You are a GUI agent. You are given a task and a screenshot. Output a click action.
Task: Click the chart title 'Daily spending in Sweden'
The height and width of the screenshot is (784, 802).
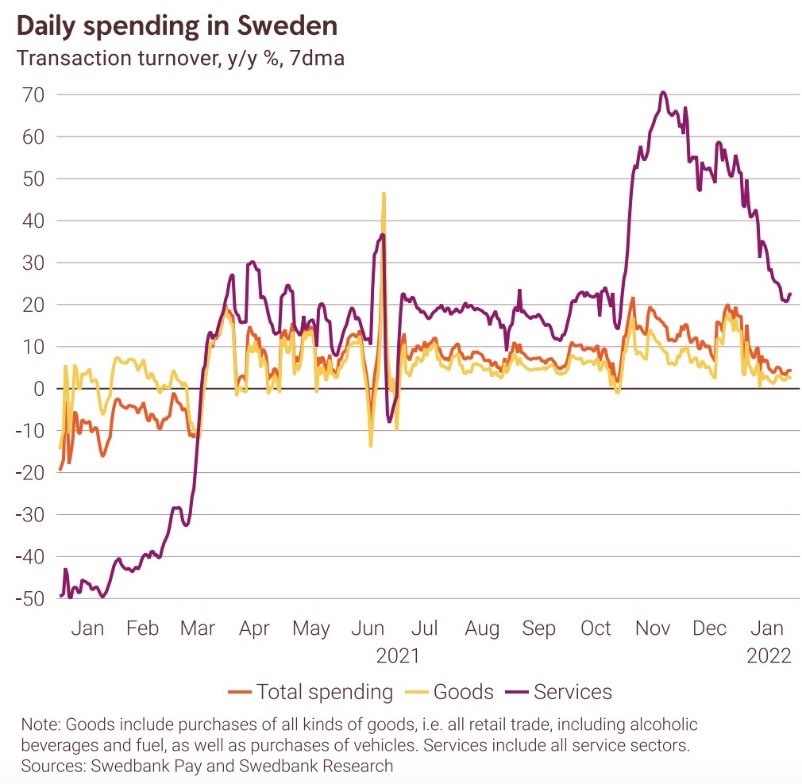[176, 25]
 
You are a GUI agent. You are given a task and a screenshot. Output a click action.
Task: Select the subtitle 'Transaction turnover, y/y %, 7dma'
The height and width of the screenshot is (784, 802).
[180, 59]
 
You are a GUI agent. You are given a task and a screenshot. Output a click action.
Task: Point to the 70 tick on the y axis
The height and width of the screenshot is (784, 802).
[33, 94]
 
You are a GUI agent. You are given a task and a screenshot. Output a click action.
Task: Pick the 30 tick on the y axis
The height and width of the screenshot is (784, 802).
[33, 263]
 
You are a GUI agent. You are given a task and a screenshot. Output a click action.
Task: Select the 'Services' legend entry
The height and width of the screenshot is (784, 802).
[573, 692]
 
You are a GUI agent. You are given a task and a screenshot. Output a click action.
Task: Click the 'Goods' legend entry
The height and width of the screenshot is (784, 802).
[464, 692]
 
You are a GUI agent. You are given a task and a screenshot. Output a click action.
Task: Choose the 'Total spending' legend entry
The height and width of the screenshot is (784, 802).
[324, 692]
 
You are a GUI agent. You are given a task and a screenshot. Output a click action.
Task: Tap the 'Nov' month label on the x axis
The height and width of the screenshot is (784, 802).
[653, 628]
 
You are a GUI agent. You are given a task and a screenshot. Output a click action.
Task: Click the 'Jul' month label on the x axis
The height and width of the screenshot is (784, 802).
[425, 628]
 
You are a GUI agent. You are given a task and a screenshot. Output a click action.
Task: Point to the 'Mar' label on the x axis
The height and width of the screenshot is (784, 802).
[198, 628]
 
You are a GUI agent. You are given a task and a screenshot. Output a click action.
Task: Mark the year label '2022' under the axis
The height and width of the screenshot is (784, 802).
[769, 656]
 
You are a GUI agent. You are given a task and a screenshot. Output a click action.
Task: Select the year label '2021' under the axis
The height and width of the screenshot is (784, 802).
[398, 656]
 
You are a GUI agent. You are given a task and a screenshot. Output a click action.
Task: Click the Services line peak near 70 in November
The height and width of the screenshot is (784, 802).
[662, 92]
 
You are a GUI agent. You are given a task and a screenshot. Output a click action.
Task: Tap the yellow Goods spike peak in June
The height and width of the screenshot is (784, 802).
[384, 193]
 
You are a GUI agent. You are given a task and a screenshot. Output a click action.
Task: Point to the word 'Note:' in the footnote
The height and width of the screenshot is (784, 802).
[40, 724]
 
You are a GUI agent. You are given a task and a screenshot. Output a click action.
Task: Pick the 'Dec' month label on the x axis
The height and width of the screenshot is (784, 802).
[709, 628]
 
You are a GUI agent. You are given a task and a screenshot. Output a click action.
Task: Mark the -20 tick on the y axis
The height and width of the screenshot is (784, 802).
[29, 473]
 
